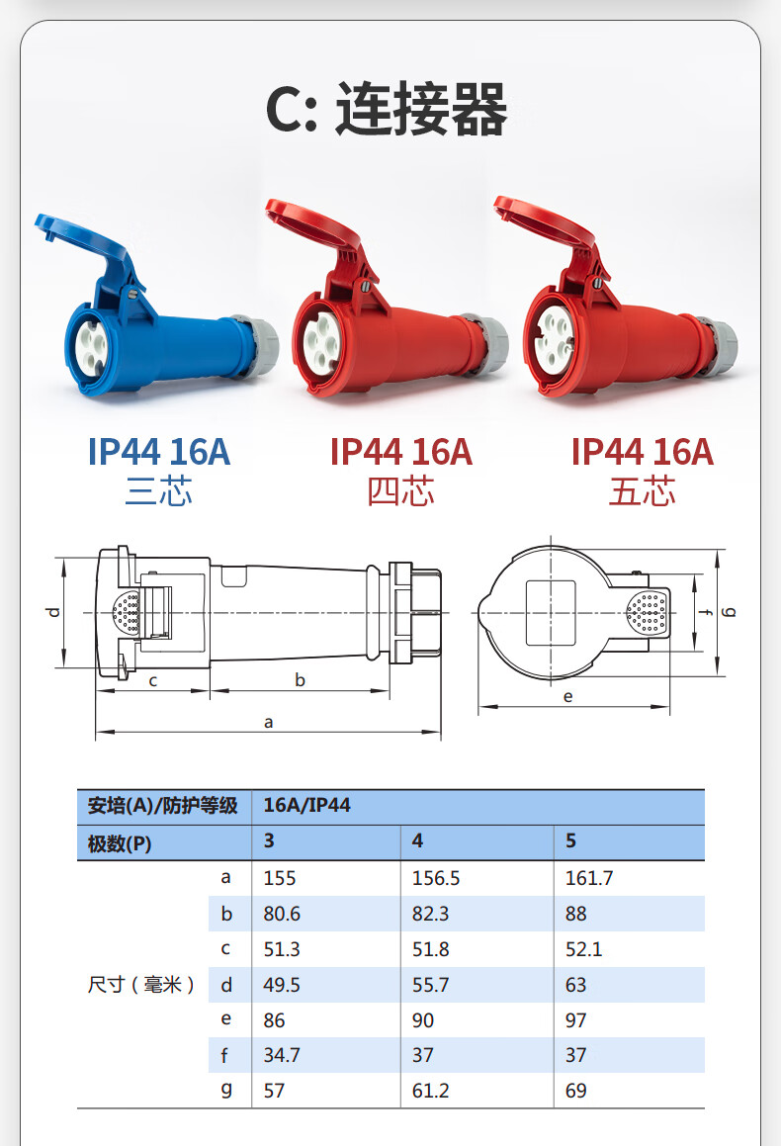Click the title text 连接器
tap(421, 110)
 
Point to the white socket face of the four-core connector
tap(321, 341)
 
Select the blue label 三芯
tap(158, 490)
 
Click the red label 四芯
tap(400, 490)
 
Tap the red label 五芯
tap(643, 490)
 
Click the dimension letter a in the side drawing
tap(268, 722)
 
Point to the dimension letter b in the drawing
tap(300, 679)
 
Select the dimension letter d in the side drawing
tap(53, 612)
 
